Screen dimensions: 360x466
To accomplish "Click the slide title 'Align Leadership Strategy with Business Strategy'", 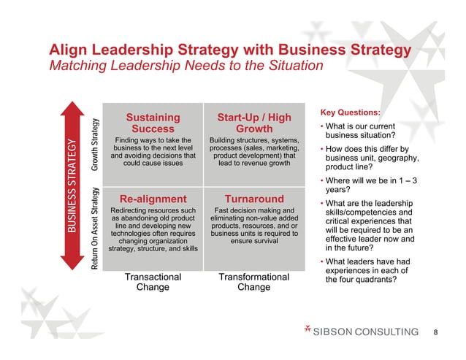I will (x=229, y=50).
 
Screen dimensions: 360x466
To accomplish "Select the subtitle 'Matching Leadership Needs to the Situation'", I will (x=186, y=66).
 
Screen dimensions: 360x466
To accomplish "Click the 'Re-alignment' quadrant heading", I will (x=153, y=199).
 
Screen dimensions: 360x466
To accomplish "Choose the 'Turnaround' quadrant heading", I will (x=254, y=199).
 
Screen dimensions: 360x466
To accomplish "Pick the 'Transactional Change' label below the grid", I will (x=153, y=282).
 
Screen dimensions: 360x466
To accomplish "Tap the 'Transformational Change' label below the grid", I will (x=254, y=282).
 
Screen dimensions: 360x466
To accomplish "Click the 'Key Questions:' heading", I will (x=350, y=112).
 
